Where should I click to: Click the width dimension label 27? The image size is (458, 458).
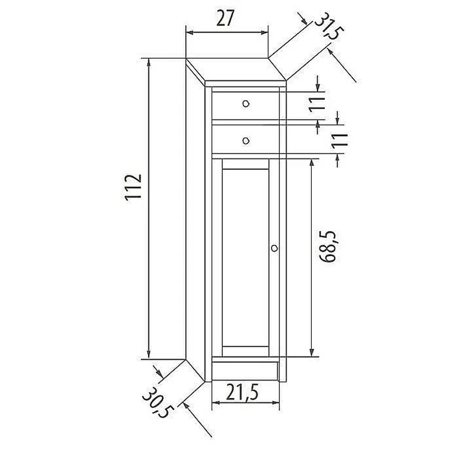coord(225,18)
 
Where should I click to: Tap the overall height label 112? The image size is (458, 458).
coord(133,187)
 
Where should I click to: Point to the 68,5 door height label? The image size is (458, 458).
coord(327,246)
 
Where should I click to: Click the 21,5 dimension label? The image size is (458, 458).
coord(242,393)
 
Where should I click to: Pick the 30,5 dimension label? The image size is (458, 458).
coord(158,403)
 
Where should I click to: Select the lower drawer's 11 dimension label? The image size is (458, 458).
coord(340,141)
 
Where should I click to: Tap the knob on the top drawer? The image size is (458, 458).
coord(246,104)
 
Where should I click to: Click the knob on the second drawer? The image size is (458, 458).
coord(246,141)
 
